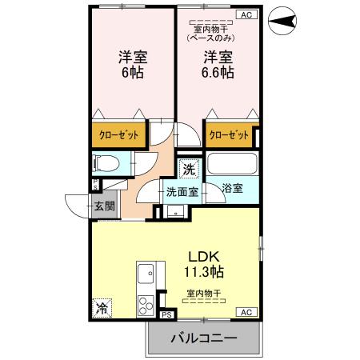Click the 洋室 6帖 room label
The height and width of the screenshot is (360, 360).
(x=133, y=64)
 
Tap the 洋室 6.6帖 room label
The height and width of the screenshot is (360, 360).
(x=218, y=64)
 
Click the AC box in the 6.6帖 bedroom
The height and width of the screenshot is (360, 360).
(x=245, y=14)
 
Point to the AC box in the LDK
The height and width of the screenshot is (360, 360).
(x=245, y=312)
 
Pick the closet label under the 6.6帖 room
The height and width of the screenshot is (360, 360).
(x=230, y=135)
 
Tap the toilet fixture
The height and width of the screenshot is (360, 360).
(x=106, y=164)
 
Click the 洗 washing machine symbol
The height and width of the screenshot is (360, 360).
(x=188, y=169)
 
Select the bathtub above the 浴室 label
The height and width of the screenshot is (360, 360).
(x=231, y=163)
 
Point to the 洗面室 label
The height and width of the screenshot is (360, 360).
(x=181, y=192)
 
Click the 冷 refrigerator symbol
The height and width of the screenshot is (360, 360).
(x=102, y=306)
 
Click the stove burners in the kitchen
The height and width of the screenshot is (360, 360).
(x=146, y=306)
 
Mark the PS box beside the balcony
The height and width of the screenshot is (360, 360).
(x=166, y=315)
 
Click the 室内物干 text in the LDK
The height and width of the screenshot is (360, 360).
(x=204, y=293)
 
